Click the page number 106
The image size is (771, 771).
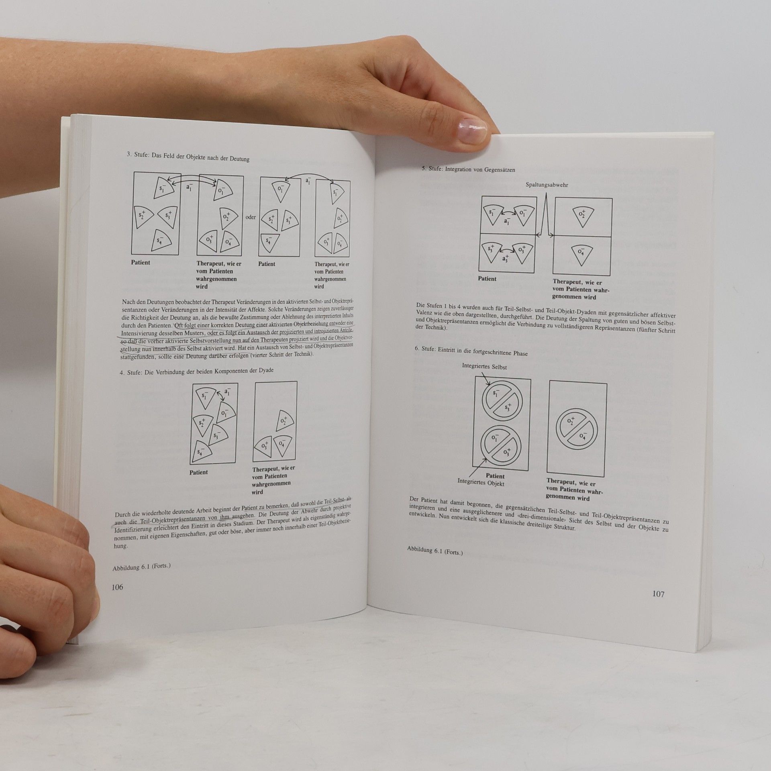tap(117, 587)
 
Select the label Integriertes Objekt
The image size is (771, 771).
tap(481, 483)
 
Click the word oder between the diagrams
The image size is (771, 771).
tap(251, 217)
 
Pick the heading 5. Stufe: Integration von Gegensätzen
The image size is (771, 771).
tap(468, 169)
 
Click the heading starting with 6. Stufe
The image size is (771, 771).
tap(471, 352)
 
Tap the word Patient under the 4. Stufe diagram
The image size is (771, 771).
tap(199, 472)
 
